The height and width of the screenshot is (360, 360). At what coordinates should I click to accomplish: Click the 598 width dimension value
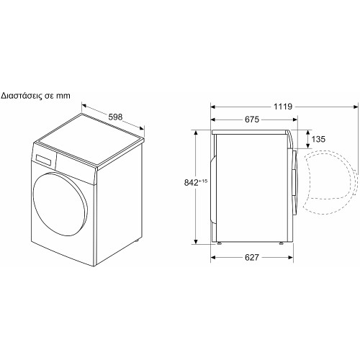tap(115, 117)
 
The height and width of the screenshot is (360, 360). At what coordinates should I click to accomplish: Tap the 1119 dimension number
tap(283, 107)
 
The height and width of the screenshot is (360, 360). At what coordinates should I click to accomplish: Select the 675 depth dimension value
tap(252, 120)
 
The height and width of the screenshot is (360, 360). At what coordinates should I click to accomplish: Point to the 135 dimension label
tap(318, 139)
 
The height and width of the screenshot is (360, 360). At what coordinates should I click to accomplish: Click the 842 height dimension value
tap(192, 183)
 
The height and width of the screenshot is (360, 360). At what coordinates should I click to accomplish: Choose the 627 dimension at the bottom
tap(252, 257)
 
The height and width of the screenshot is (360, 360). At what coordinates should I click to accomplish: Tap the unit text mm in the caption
tap(63, 96)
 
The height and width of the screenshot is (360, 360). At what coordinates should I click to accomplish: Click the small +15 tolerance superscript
tap(203, 181)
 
